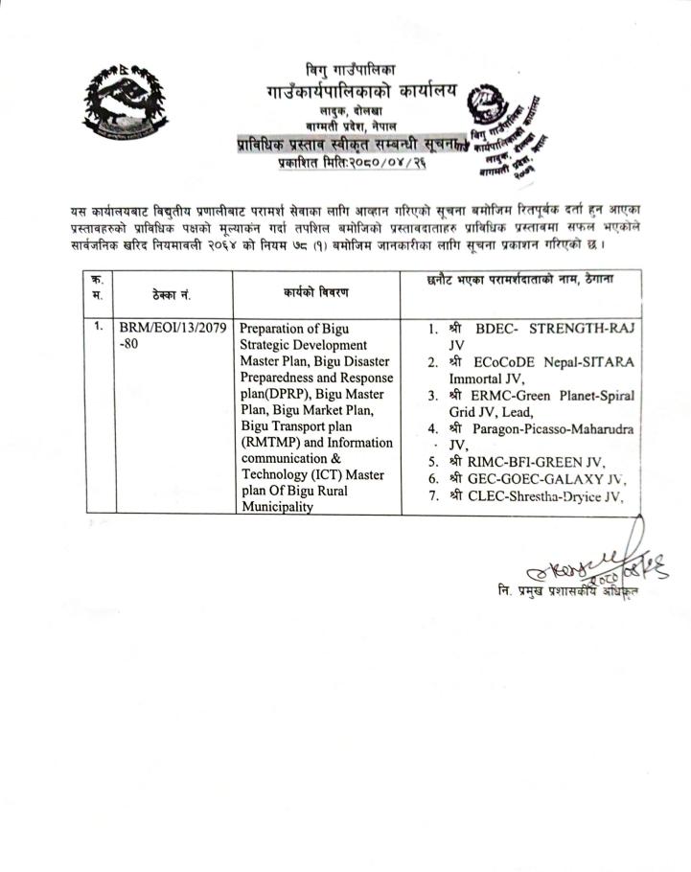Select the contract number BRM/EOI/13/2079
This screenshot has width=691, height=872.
tap(173, 329)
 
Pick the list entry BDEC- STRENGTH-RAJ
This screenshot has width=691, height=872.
tap(552, 329)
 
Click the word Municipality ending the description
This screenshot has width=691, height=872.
tap(277, 507)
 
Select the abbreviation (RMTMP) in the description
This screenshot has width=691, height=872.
tap(273, 442)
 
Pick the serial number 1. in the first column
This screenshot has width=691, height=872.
tap(99, 327)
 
